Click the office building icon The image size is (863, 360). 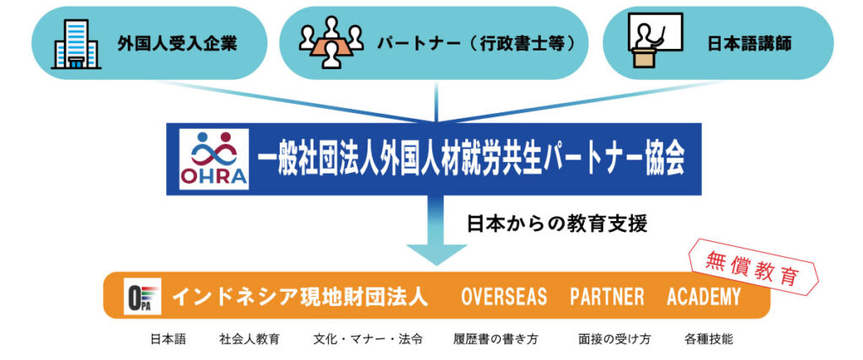(x=76, y=44)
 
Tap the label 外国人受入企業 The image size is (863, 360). (x=177, y=44)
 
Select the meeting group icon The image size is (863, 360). (x=330, y=42)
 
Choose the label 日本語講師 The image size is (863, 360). (x=749, y=44)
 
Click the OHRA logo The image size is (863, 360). (x=213, y=159)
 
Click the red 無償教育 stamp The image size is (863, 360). (x=753, y=267)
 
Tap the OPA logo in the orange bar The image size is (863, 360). (x=142, y=296)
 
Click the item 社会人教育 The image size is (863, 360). (x=249, y=339)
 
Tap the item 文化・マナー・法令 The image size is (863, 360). (x=367, y=339)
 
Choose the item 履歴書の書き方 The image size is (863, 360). (x=496, y=339)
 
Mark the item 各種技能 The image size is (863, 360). (x=709, y=339)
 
